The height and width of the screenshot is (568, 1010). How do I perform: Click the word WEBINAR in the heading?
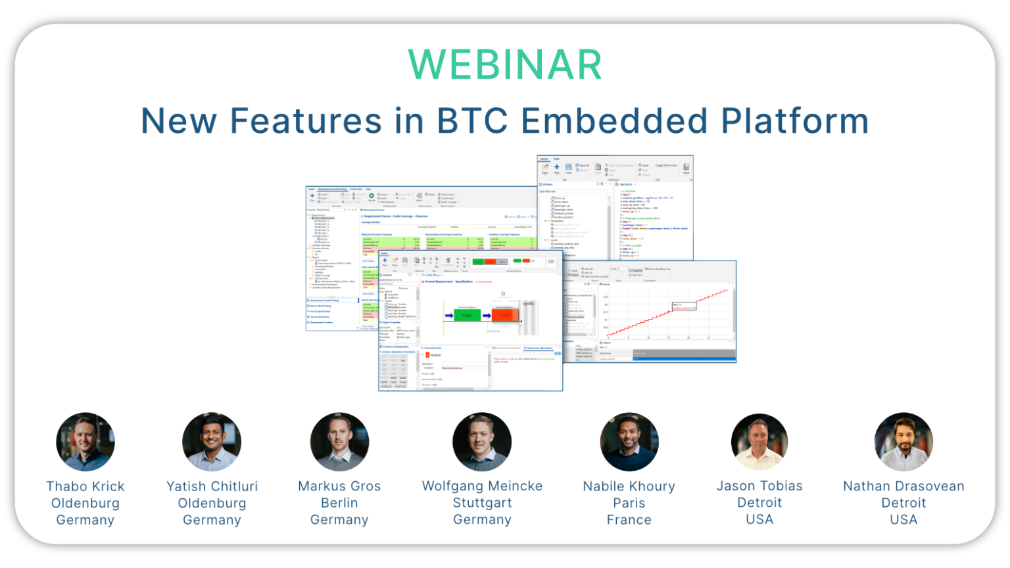(x=504, y=64)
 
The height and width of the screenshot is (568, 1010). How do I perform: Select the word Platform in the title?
(x=794, y=121)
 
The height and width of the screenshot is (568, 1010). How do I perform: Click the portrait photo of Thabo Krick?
(x=85, y=442)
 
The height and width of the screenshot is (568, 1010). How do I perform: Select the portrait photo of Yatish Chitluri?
(x=212, y=442)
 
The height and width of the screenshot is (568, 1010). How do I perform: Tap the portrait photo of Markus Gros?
(x=339, y=442)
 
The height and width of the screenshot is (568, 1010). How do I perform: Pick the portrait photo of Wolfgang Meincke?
(x=482, y=442)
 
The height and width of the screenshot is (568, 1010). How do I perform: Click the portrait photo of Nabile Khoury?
(x=629, y=442)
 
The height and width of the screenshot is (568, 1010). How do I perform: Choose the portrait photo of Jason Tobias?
(x=759, y=442)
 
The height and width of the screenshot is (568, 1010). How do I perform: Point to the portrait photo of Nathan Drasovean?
(x=903, y=442)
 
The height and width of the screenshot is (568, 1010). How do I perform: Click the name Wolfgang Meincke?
(x=482, y=486)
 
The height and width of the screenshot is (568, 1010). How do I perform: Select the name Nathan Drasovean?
(x=903, y=486)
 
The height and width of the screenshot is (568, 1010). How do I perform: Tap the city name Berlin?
(x=339, y=503)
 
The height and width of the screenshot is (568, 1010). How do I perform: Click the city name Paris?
(x=629, y=503)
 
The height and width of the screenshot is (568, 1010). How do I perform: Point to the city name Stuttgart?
(x=482, y=503)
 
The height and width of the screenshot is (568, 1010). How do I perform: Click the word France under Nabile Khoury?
(x=629, y=520)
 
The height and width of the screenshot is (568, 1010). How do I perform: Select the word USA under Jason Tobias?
(x=759, y=519)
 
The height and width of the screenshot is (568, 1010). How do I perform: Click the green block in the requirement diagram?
(x=468, y=315)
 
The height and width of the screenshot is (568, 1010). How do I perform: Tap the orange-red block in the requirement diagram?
(x=504, y=315)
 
